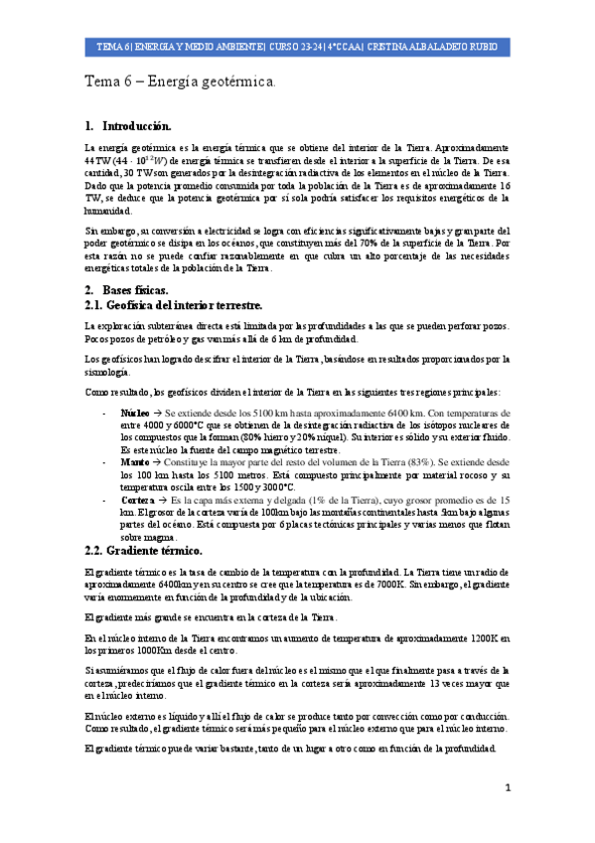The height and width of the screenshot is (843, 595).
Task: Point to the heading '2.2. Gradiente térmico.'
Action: (x=144, y=551)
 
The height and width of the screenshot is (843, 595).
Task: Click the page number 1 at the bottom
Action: (x=507, y=787)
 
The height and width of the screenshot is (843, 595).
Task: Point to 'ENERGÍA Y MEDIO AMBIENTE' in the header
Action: (x=197, y=47)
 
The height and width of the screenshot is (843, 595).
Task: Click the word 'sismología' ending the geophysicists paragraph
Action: (x=107, y=371)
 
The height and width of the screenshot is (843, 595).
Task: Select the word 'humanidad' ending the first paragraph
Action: (x=107, y=211)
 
